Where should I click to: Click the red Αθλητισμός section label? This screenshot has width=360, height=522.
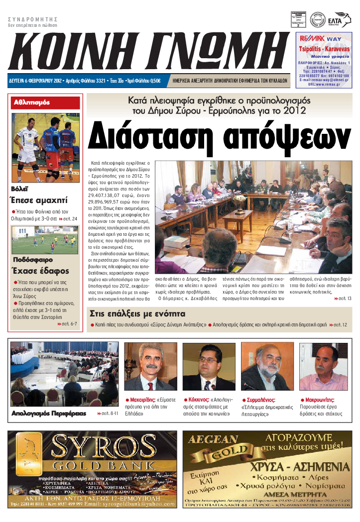(x=32, y=103)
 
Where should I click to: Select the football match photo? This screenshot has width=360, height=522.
(x=45, y=240)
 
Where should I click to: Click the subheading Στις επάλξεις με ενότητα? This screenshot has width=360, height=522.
(x=137, y=313)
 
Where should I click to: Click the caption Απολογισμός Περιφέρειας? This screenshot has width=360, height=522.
(x=48, y=414)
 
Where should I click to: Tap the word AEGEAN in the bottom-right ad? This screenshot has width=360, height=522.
(x=210, y=439)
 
